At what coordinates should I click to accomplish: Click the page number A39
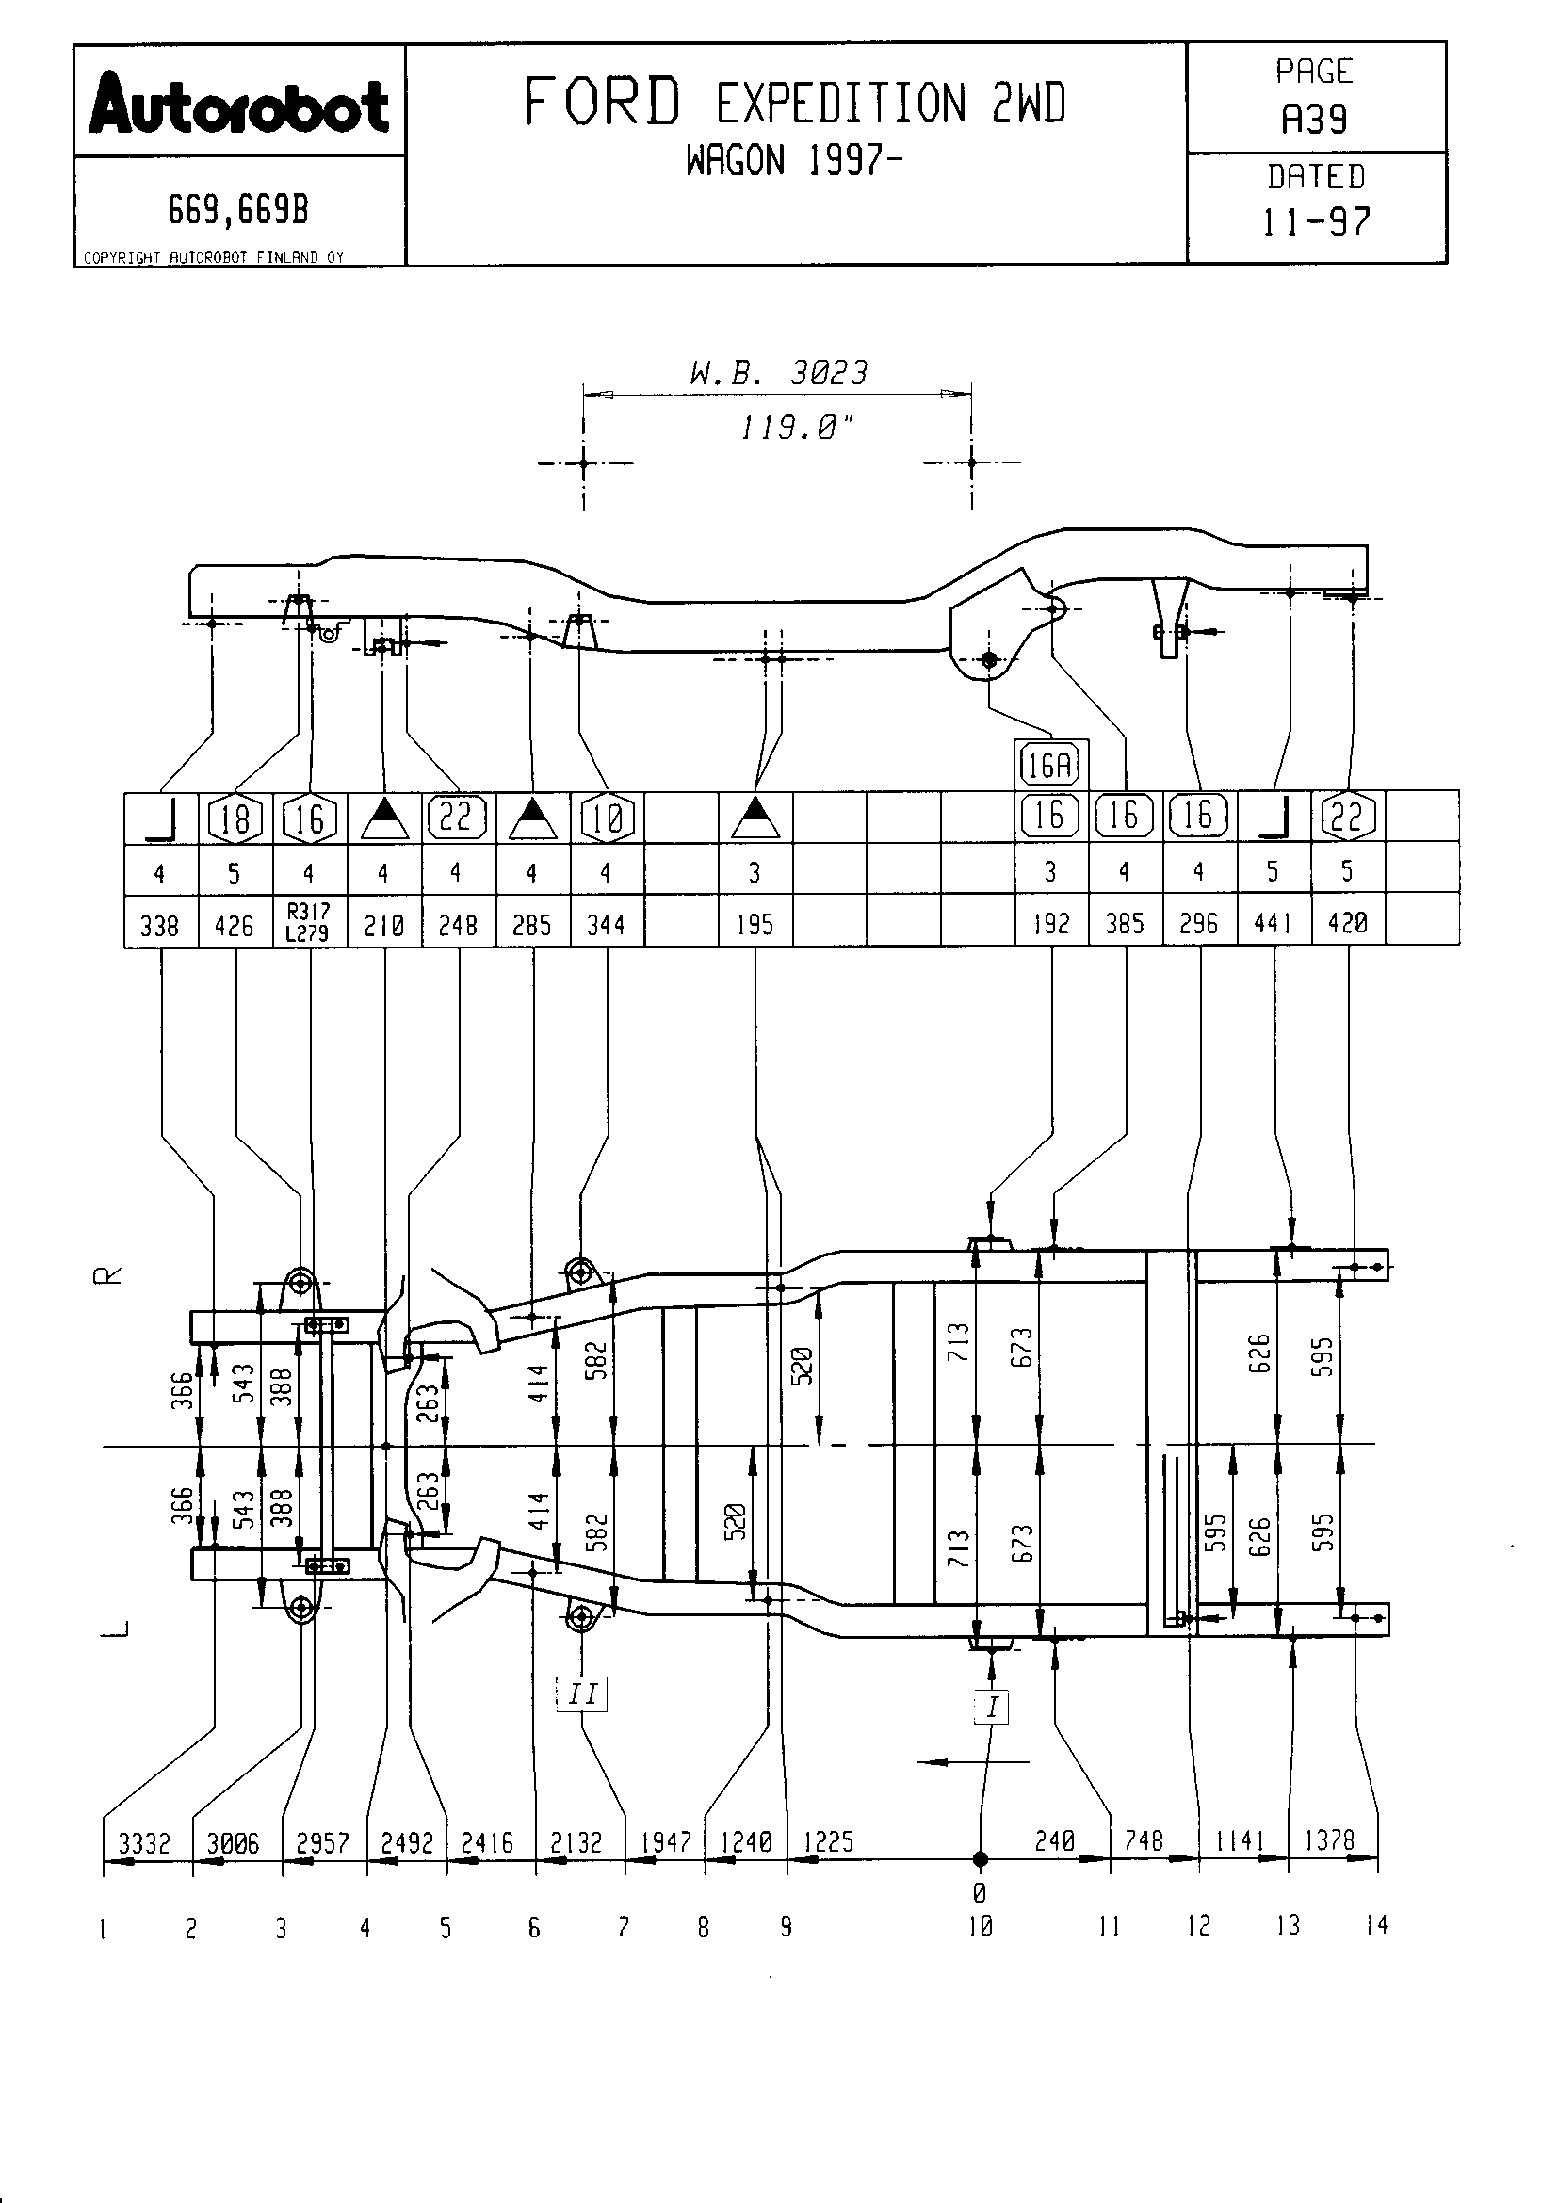[x=1314, y=119]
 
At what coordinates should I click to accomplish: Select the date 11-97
[x=1315, y=221]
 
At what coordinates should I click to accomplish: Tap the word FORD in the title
[x=603, y=102]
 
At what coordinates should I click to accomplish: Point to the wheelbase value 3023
[x=829, y=372]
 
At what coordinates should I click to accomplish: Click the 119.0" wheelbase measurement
[x=796, y=427]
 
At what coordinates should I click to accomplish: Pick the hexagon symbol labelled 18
[x=235, y=818]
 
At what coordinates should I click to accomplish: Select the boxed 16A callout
[x=1050, y=766]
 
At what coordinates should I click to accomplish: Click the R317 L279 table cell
[x=309, y=922]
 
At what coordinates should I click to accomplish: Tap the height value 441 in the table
[x=1274, y=923]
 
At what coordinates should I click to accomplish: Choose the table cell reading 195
[x=755, y=924]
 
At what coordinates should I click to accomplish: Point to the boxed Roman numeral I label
[x=992, y=1706]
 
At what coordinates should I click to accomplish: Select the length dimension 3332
[x=144, y=1843]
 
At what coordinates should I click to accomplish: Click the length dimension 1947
[x=667, y=1842]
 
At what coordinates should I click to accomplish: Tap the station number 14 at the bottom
[x=1377, y=1925]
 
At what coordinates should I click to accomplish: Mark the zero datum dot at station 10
[x=980, y=1859]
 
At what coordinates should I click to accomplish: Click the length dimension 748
[x=1144, y=1840]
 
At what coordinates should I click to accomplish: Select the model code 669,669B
[x=239, y=209]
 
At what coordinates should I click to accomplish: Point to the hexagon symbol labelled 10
[x=608, y=818]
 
